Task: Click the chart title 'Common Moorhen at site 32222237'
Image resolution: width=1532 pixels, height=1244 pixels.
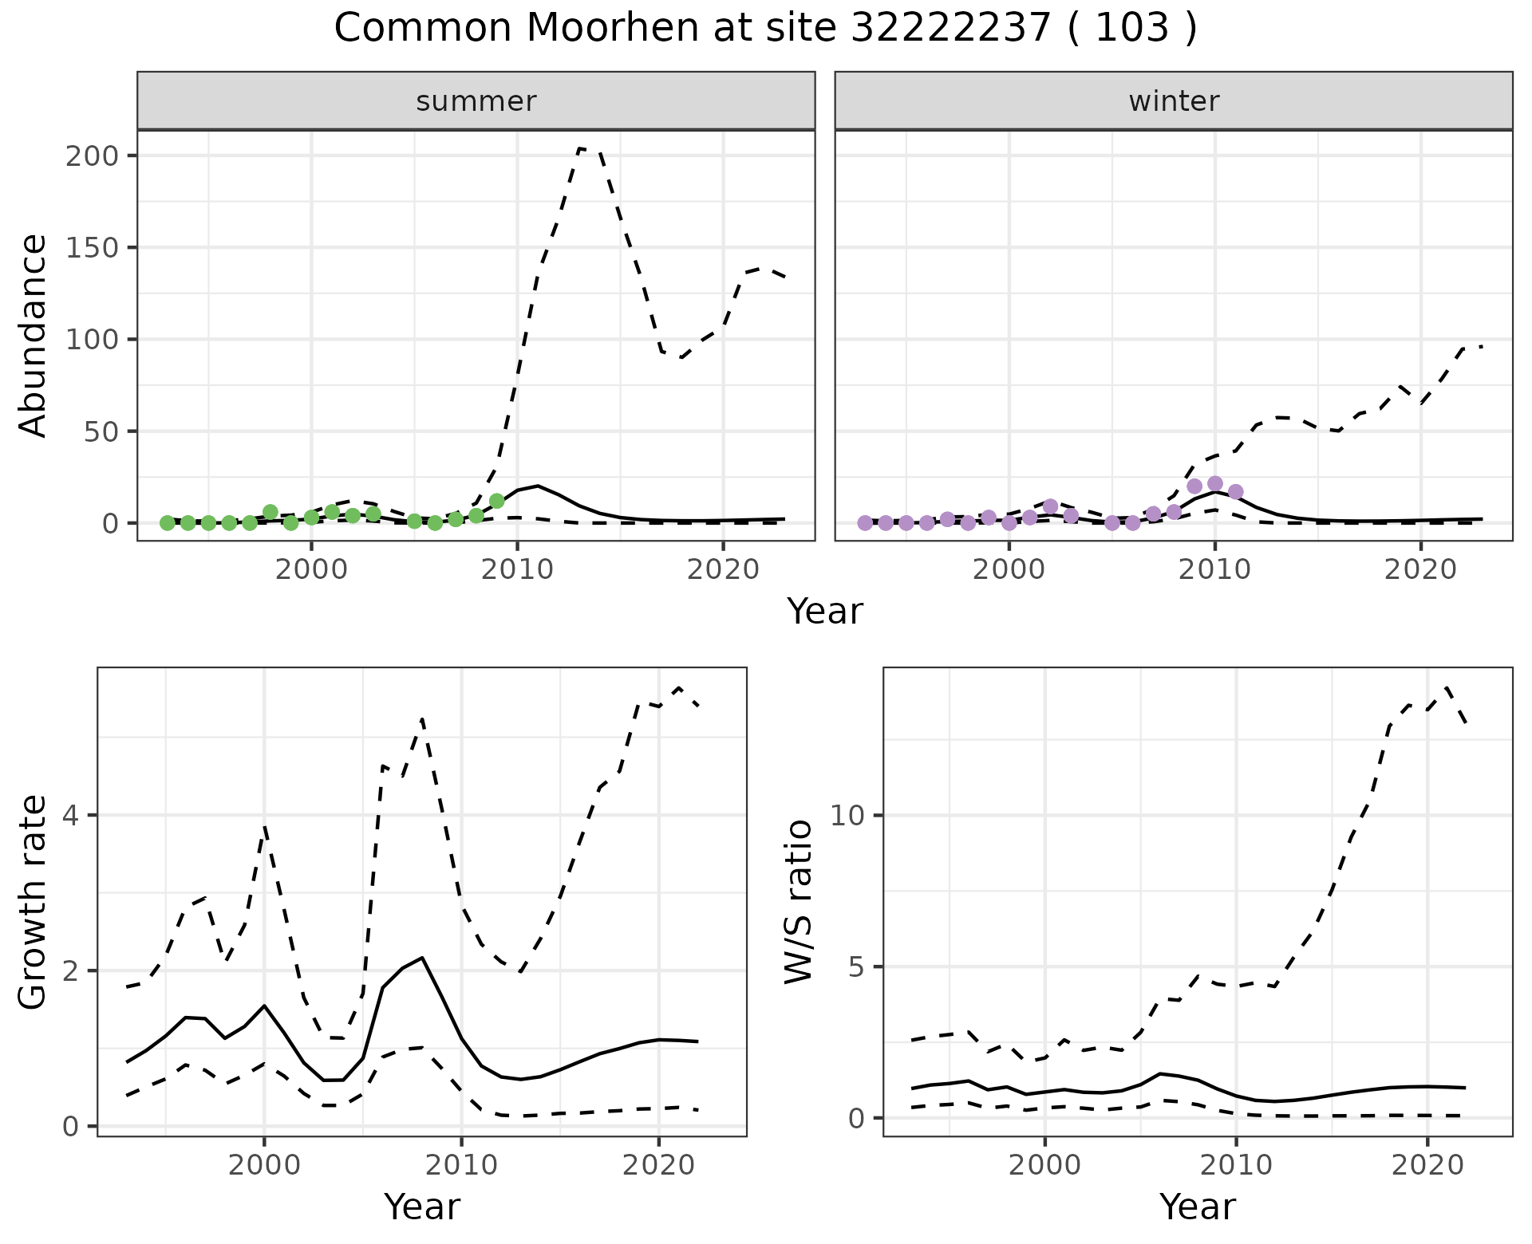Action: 764,29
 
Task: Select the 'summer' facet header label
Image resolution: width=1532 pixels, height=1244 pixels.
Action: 476,101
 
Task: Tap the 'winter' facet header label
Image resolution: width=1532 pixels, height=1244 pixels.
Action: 1173,101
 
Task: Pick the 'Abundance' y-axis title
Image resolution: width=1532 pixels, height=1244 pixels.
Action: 34,335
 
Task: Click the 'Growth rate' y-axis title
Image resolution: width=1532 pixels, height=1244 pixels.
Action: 34,901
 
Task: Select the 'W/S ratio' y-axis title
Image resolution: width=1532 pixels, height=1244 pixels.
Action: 798,901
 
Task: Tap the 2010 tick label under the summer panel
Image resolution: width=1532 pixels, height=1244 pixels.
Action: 517,570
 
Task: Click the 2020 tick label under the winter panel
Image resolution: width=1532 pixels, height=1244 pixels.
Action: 1420,570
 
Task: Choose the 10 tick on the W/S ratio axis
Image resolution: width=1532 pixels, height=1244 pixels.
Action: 848,815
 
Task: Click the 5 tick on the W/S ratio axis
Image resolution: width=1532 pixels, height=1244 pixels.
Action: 858,966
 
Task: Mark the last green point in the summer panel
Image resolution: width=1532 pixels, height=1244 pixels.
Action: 496,501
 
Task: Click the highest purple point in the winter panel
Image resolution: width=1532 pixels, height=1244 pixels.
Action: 1214,483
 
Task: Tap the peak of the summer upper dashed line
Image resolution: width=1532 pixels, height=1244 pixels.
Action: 581,148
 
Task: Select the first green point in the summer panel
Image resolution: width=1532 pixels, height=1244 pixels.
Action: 167,523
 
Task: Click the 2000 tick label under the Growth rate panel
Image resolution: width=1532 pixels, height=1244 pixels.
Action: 264,1166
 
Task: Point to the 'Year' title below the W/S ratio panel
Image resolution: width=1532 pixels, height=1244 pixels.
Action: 1197,1207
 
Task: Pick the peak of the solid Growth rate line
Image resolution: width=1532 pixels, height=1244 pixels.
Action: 422,957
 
